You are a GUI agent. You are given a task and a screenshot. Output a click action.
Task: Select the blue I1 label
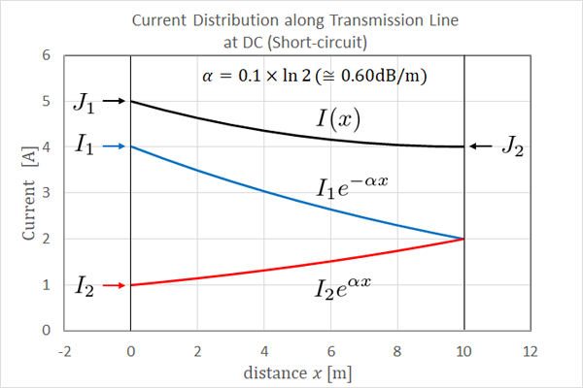point(84,145)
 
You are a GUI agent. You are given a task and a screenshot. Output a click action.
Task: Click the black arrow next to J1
point(113,100)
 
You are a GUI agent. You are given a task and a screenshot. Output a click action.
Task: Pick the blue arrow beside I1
point(113,146)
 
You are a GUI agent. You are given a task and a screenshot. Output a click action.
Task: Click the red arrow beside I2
point(113,285)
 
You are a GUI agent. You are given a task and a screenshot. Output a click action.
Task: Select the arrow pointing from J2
point(481,146)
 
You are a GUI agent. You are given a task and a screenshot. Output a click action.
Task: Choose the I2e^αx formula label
point(343,288)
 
